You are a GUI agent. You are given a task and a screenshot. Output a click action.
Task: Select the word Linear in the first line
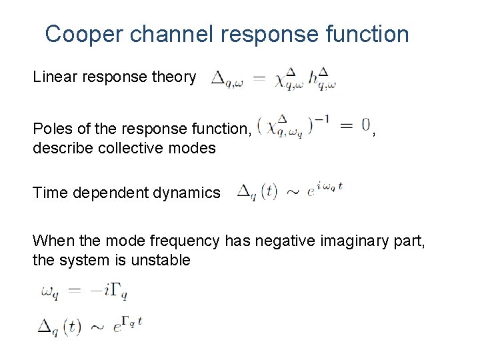(55, 77)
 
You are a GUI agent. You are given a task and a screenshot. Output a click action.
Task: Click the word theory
(173, 77)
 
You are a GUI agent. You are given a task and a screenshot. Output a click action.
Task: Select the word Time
(48, 193)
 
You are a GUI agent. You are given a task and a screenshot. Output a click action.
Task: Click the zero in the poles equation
(366, 125)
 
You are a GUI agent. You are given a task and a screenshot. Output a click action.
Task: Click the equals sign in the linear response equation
(259, 79)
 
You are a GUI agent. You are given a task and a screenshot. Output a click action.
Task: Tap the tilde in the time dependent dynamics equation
(293, 193)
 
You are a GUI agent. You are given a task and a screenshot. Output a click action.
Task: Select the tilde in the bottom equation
(97, 327)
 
